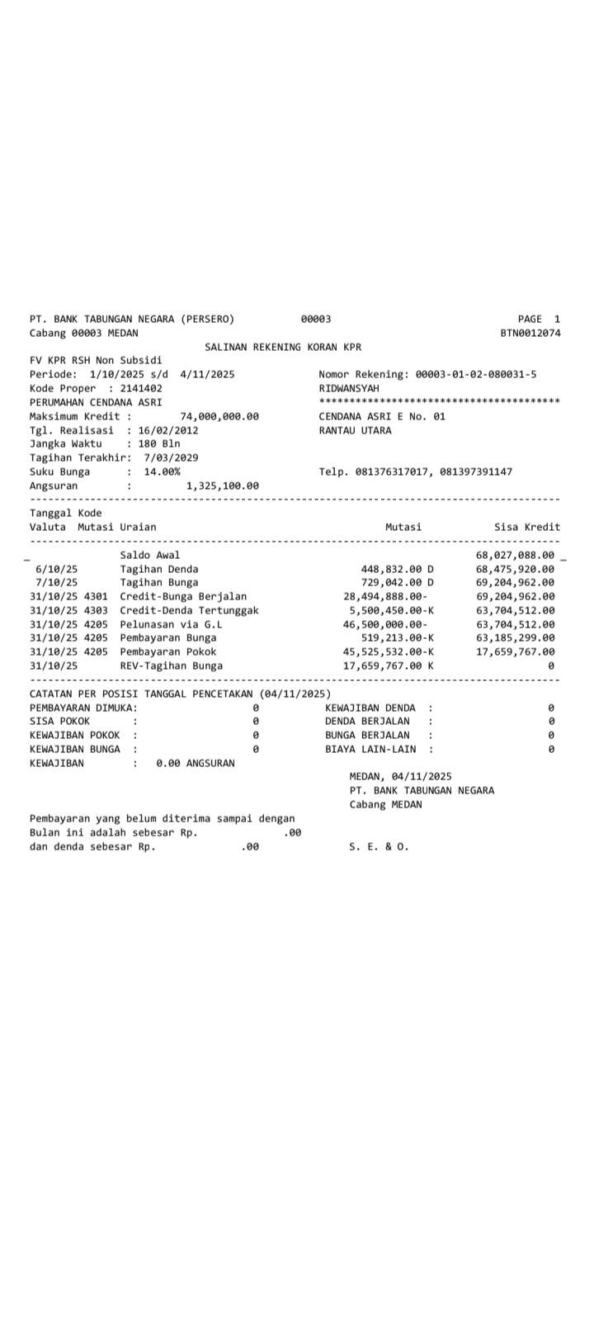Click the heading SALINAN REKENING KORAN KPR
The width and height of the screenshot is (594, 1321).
pos(282,347)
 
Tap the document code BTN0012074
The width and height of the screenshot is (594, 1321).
pos(530,333)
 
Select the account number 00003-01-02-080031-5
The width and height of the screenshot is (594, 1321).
pos(475,374)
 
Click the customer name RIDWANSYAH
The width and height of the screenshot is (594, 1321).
pos(349,388)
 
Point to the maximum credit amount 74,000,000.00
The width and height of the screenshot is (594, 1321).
pos(219,416)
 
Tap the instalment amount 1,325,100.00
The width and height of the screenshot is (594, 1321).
pos(222,485)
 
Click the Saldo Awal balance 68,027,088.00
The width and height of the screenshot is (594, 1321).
pos(515,555)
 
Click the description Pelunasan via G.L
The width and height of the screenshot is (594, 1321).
pos(171,624)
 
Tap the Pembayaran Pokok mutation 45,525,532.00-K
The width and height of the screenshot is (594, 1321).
pos(388,651)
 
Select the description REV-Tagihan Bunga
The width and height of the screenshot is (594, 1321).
pos(171,665)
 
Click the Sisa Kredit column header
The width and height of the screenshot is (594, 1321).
pos(526,527)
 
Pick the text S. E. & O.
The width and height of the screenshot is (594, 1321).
pos(379,846)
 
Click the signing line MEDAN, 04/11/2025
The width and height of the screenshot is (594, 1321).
pos(400,776)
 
